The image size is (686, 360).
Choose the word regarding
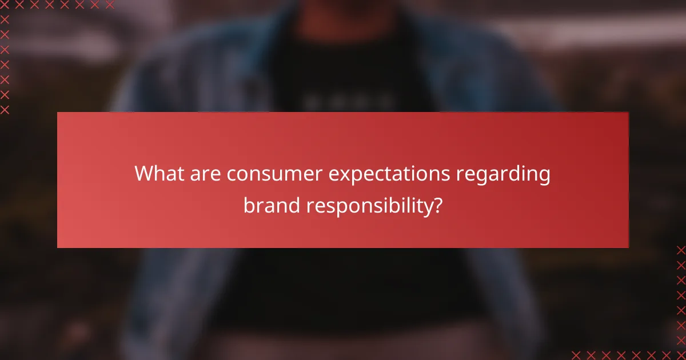[502, 175]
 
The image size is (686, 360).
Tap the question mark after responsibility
[437, 205]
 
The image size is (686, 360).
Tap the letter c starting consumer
[230, 174]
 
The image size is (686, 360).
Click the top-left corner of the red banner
[58, 113]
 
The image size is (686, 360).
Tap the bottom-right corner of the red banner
[628, 247]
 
